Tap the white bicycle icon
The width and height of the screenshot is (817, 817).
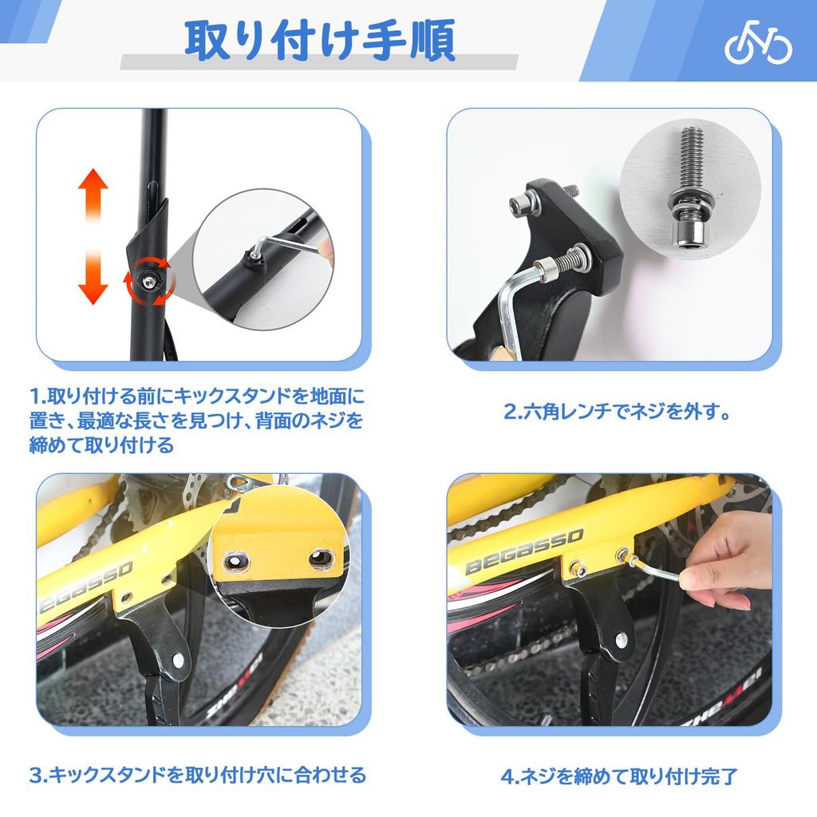(x=758, y=47)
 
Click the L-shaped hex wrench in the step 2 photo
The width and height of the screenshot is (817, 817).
(x=511, y=307)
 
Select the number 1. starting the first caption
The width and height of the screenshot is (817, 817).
(x=37, y=397)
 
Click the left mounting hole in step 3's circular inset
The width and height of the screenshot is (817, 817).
(x=238, y=559)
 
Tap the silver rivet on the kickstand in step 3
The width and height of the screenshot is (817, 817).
(x=177, y=661)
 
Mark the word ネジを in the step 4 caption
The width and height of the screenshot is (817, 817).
(x=544, y=776)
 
